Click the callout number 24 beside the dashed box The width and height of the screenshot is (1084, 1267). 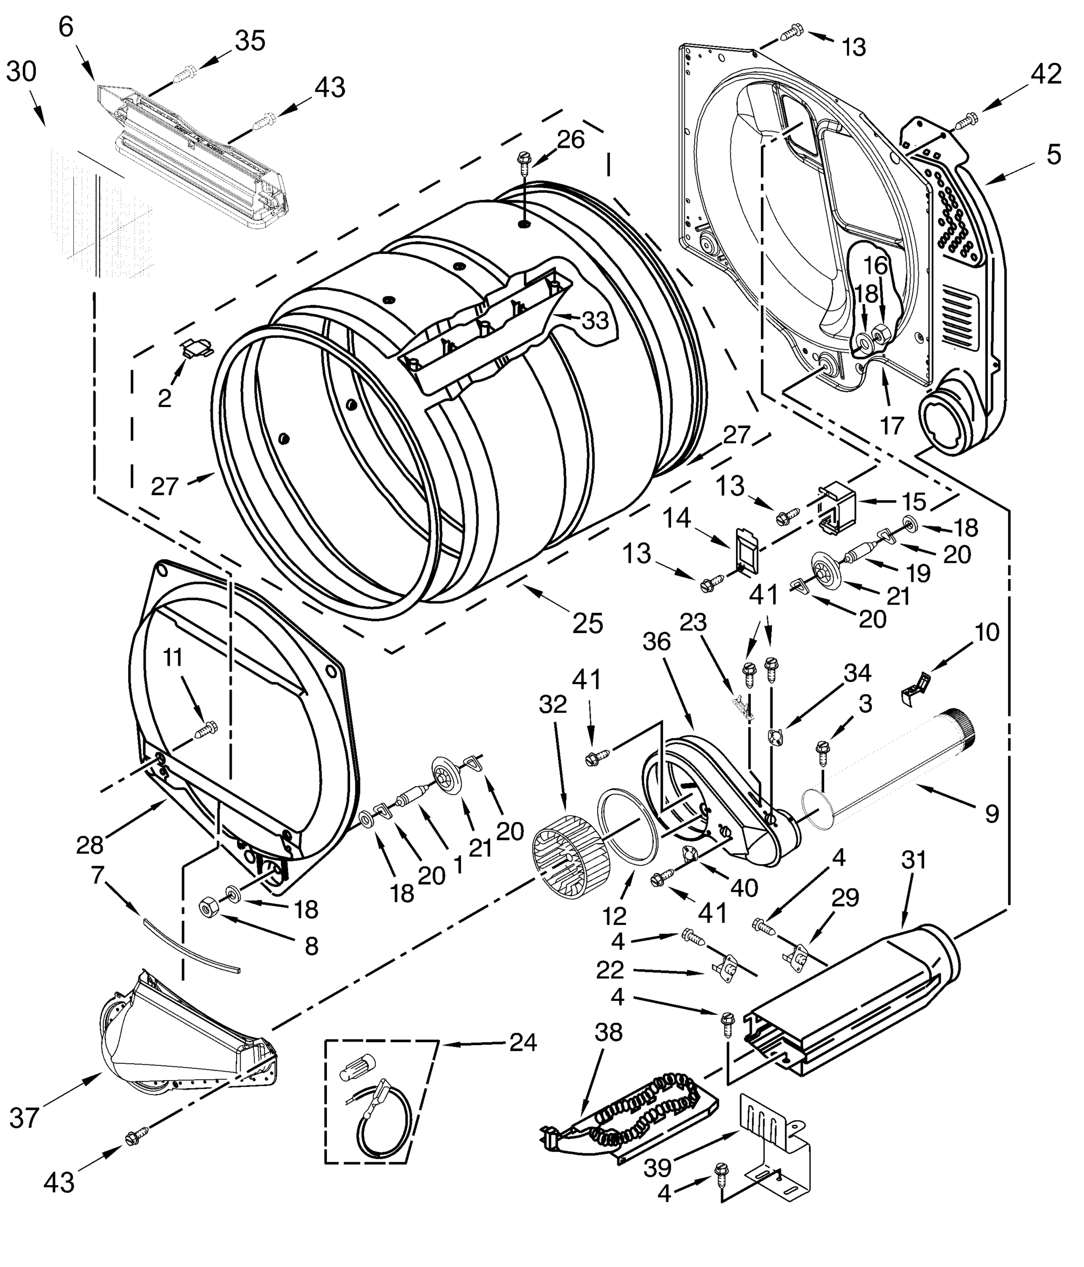click(524, 1043)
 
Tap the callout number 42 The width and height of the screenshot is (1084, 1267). click(1045, 74)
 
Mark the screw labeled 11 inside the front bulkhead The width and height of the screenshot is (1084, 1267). click(205, 730)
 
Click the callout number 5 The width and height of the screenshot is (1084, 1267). click(1053, 155)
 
